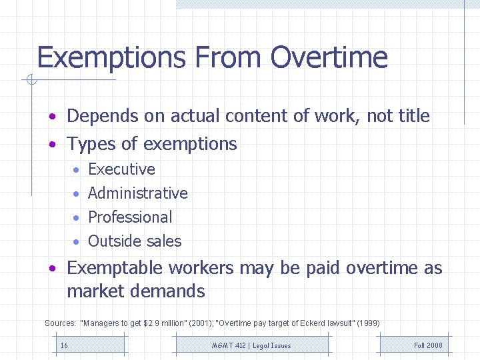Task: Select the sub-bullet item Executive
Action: click(121, 169)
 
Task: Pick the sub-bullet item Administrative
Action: click(138, 193)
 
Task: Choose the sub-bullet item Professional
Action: click(130, 217)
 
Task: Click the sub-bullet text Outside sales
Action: click(135, 241)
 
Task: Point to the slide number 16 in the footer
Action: click(64, 345)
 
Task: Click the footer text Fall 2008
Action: click(428, 345)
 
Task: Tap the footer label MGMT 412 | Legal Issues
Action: click(251, 345)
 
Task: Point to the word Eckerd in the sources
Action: click(312, 323)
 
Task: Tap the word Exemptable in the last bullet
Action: click(115, 268)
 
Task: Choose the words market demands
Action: click(135, 291)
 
